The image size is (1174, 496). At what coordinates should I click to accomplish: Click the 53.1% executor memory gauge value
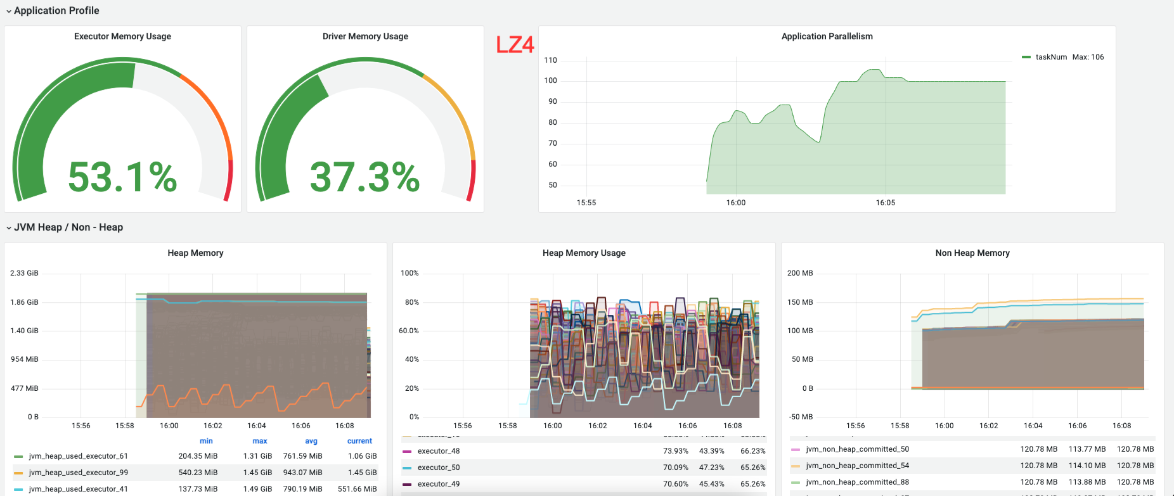(x=122, y=177)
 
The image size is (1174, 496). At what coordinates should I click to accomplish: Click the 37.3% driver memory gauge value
(x=364, y=177)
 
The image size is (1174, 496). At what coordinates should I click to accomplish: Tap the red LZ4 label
(x=515, y=45)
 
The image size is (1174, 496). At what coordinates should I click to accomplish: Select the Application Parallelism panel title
(x=827, y=37)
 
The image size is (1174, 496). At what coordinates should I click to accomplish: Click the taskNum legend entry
(x=1050, y=57)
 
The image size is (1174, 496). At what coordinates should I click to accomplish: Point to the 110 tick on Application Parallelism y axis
(x=550, y=61)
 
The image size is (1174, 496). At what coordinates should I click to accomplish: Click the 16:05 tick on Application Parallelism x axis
(x=885, y=203)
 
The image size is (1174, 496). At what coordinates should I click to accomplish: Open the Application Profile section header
(x=56, y=11)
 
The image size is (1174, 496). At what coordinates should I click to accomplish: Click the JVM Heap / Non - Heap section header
(x=68, y=227)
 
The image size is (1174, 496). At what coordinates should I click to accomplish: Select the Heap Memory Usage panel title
(x=584, y=253)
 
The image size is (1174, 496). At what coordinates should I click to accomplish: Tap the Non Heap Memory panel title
(x=972, y=253)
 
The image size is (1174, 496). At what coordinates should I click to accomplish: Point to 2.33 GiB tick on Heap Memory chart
(x=24, y=273)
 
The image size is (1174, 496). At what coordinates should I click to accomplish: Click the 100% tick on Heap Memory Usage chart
(x=410, y=273)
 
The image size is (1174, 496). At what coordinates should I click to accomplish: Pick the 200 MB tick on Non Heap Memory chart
(x=800, y=273)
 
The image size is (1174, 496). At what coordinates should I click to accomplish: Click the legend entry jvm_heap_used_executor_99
(x=78, y=473)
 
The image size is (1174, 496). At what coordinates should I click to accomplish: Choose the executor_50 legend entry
(x=439, y=467)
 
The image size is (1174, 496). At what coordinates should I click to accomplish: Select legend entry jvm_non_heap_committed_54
(x=857, y=466)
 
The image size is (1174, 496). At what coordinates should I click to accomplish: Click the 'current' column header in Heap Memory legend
(x=359, y=441)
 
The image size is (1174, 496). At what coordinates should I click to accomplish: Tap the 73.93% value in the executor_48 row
(x=675, y=451)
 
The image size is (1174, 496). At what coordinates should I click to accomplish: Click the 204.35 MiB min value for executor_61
(x=198, y=456)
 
